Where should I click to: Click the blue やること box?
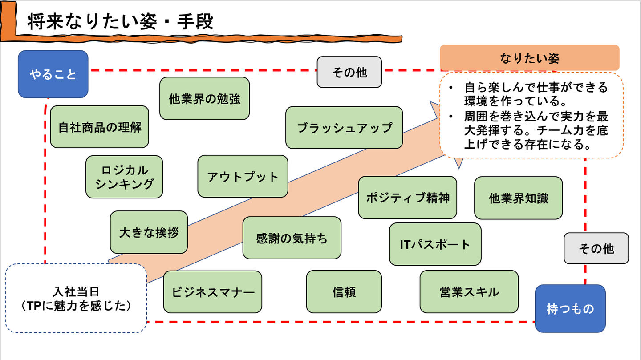tap(53, 74)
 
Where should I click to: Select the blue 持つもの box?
tap(570, 308)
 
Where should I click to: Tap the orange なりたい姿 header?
tap(529, 58)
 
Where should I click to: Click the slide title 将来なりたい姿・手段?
tap(121, 22)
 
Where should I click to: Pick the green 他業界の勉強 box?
tap(204, 98)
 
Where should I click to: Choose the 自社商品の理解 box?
tap(99, 127)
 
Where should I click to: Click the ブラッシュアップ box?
tap(344, 128)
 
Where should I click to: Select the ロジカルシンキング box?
tap(124, 177)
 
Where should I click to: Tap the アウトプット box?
tap(243, 176)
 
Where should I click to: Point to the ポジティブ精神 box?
tap(407, 198)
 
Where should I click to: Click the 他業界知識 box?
tap(518, 198)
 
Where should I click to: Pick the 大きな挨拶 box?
tap(149, 232)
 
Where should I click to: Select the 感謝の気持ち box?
tap(292, 238)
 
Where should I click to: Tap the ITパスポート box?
tap(435, 244)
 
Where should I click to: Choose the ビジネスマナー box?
tap(212, 292)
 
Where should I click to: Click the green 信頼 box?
tap(344, 292)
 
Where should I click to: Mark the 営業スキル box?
tap(469, 292)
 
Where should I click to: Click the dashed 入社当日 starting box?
tap(76, 298)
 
